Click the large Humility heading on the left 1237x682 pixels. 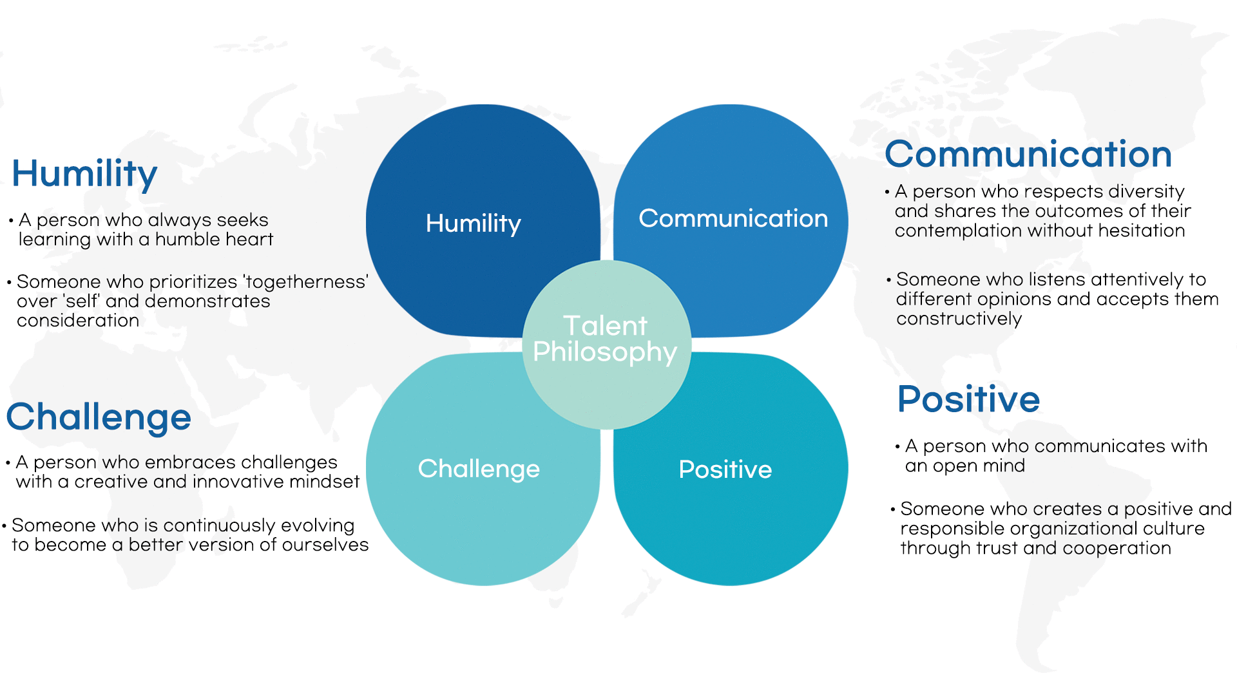[x=84, y=174]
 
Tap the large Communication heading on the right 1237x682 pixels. [x=1028, y=155]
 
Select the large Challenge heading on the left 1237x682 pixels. [x=99, y=418]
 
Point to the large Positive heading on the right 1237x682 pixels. [x=968, y=399]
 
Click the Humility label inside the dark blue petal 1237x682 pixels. [x=474, y=224]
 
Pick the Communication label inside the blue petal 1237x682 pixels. [x=733, y=218]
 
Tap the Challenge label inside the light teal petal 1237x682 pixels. [x=479, y=469]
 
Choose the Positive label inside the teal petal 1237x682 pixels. [x=725, y=469]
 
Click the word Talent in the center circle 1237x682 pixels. [x=605, y=325]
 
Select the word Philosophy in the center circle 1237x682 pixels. [x=605, y=353]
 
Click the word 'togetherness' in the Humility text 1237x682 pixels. [x=305, y=282]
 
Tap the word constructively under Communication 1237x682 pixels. [x=959, y=319]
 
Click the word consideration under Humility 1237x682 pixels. [x=78, y=321]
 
